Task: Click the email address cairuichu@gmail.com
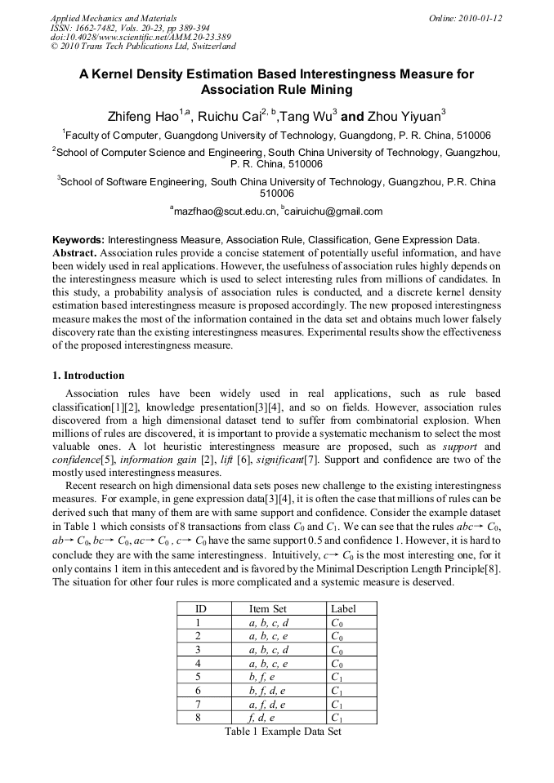point(333,211)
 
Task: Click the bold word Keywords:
point(78,240)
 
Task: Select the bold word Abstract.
point(74,253)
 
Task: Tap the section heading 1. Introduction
point(88,376)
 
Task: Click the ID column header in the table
point(200,608)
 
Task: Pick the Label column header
point(344,608)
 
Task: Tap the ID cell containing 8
point(198,718)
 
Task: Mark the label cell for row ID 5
point(337,677)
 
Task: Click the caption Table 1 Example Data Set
point(283,732)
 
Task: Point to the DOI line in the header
point(141,37)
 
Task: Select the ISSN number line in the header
point(130,27)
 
